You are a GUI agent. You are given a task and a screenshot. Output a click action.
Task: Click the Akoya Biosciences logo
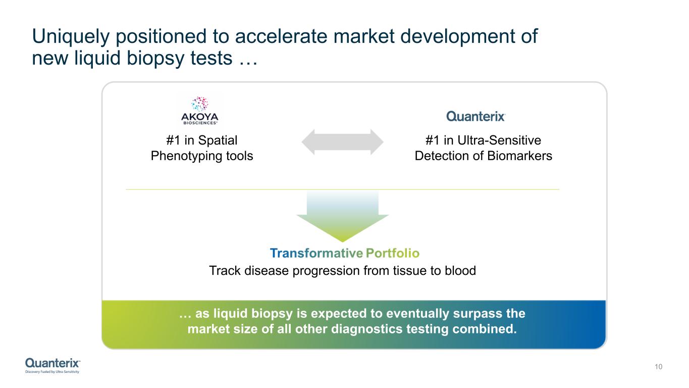(x=199, y=111)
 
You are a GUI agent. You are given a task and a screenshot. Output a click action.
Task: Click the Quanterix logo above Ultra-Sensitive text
(x=476, y=116)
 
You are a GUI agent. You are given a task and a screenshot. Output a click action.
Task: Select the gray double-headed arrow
(x=342, y=142)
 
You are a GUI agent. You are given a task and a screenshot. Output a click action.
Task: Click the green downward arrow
(x=342, y=216)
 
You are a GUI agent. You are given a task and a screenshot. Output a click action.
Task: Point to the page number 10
(x=658, y=366)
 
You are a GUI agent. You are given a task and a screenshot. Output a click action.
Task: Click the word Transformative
(x=316, y=253)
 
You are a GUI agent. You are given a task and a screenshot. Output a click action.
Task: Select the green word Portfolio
(x=393, y=253)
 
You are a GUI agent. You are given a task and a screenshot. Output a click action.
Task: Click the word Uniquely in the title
(x=71, y=37)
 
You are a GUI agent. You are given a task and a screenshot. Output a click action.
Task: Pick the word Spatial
(x=218, y=141)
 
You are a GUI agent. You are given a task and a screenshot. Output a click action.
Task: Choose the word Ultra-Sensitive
(x=499, y=140)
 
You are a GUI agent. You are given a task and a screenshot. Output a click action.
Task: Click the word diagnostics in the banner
(x=367, y=329)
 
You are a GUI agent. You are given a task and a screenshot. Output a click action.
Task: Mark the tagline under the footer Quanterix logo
(x=52, y=372)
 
